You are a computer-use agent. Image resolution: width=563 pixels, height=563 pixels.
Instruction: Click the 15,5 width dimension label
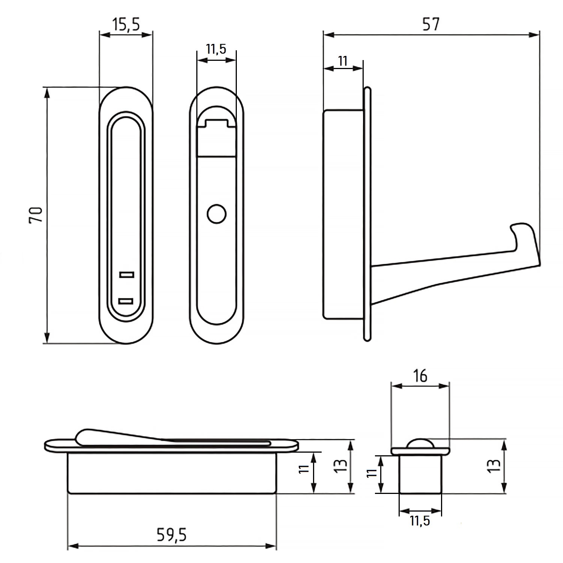click(x=126, y=24)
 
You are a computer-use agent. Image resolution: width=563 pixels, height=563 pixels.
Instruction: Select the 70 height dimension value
click(x=36, y=215)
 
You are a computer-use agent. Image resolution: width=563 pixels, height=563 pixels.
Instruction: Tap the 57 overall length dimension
click(x=431, y=24)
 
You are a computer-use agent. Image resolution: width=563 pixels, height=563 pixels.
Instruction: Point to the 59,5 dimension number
click(x=171, y=535)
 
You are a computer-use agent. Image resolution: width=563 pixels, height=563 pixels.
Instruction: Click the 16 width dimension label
click(x=420, y=375)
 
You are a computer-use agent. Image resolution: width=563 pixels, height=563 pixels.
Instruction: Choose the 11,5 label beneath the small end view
click(x=420, y=521)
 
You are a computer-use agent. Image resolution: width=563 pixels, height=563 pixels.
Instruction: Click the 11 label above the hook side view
click(x=343, y=61)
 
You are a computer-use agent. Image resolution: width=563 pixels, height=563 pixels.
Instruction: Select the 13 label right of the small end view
click(x=495, y=465)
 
